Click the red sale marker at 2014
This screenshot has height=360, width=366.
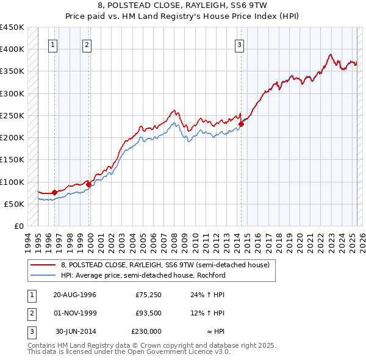tap(241, 124)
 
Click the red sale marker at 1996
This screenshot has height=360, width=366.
tap(54, 193)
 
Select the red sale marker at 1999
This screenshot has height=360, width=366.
tap(88, 184)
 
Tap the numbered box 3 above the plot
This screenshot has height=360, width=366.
tap(240, 44)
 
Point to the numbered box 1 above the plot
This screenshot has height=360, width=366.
tap(52, 44)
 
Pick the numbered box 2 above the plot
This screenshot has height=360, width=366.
tap(87, 44)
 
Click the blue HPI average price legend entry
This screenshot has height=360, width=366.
tap(143, 275)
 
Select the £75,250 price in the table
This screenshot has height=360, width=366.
tap(148, 295)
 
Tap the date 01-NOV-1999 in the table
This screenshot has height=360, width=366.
tap(74, 313)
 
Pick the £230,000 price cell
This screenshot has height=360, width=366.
tap(146, 331)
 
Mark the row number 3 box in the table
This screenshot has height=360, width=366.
tap(31, 331)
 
